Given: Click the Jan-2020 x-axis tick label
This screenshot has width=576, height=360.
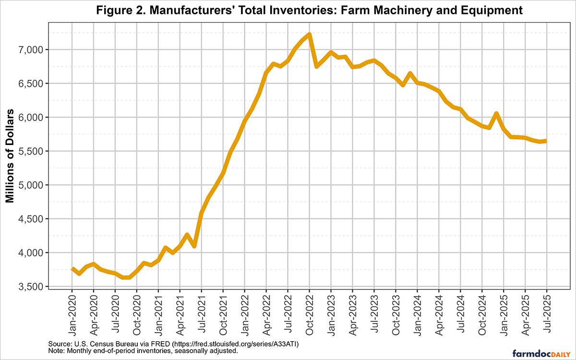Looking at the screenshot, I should [72, 312].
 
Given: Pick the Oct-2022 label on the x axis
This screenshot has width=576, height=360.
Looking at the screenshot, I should [310, 312].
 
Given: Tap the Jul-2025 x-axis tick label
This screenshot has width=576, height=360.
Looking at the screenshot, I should [547, 312].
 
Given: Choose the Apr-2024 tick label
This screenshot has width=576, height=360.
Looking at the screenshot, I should [439, 312].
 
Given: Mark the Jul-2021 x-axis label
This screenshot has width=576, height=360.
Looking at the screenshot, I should [202, 312].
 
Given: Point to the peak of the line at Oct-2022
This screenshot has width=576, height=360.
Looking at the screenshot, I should [309, 34].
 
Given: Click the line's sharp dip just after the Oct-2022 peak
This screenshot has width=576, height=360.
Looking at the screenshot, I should [316, 66].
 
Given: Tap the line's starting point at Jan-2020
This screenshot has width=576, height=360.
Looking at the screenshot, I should [72, 269].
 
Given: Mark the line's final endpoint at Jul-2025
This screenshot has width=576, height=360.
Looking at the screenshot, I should [546, 141].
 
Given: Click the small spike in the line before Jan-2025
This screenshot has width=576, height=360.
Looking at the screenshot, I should [496, 113].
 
